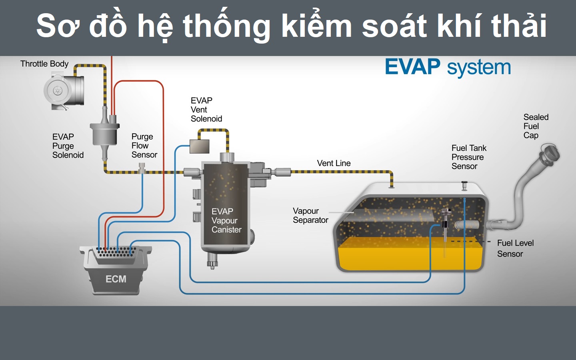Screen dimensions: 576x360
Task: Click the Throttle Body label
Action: [44, 64]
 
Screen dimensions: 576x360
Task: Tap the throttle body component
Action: [64, 91]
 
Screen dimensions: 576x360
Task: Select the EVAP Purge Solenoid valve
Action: [104, 134]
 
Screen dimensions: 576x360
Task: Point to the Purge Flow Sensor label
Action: [144, 146]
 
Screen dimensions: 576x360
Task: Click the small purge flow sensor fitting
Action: [142, 168]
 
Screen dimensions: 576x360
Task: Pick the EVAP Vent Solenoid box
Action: [199, 146]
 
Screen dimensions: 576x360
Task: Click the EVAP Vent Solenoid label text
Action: [206, 110]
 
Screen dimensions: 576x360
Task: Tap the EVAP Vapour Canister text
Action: [226, 220]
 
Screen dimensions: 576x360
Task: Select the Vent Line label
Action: [334, 163]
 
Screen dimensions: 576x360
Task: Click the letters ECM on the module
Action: [116, 279]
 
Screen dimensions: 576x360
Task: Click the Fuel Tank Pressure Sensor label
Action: [469, 157]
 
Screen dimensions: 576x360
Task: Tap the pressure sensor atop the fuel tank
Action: [464, 186]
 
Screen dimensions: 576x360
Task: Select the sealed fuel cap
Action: [550, 154]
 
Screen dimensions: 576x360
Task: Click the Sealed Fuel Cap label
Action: [536, 126]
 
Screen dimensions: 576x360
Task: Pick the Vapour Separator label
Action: [310, 216]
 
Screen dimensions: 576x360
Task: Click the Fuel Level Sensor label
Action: [515, 248]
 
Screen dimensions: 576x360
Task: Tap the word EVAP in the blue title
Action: [412, 67]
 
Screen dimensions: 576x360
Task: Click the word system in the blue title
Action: [479, 68]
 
